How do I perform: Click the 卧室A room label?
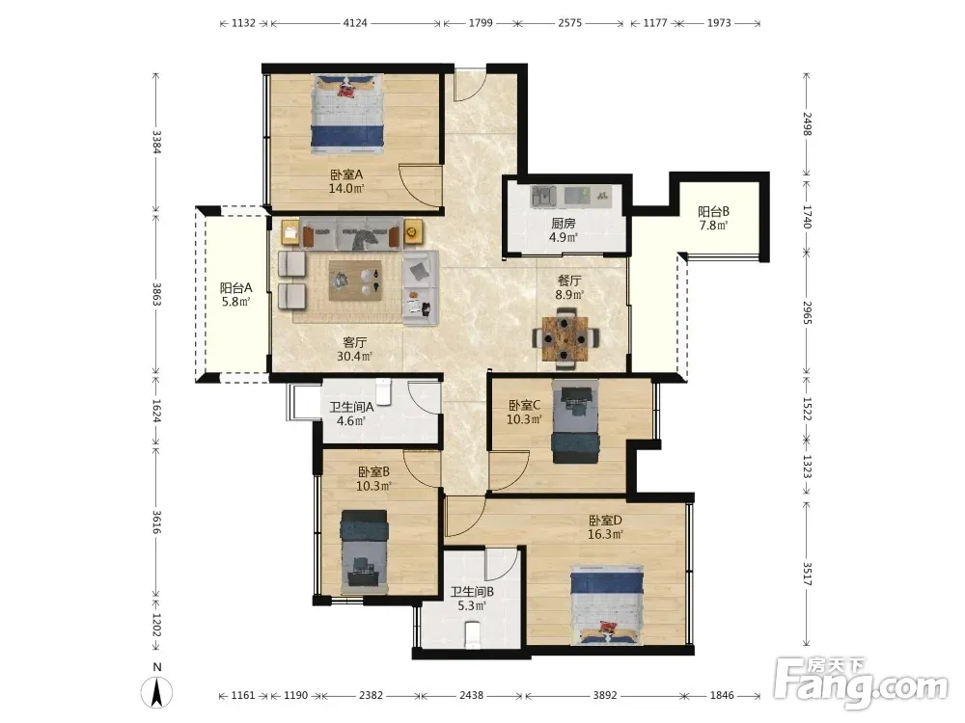[x=346, y=174]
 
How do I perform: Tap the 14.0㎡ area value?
[x=346, y=189]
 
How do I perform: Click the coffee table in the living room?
[x=355, y=281]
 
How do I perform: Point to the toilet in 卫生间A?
[x=383, y=391]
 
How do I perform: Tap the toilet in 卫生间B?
[x=472, y=634]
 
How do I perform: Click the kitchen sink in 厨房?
[x=544, y=196]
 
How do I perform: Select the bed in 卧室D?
[x=607, y=605]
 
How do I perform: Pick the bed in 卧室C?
[x=575, y=422]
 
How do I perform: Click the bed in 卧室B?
[x=365, y=551]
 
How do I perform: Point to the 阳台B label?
[x=713, y=211]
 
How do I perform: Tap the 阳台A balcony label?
[x=236, y=287]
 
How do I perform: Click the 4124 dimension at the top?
[x=355, y=23]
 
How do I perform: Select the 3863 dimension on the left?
[x=156, y=294]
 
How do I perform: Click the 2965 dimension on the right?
[x=807, y=313]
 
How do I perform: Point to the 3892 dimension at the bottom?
[x=604, y=695]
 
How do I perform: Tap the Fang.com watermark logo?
[x=861, y=682]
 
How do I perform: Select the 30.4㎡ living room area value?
[x=354, y=357]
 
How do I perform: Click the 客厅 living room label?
[x=354, y=342]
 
